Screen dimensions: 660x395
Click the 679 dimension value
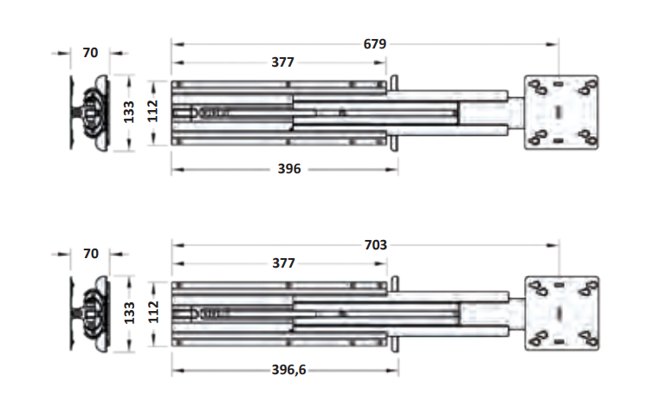[x=375, y=44]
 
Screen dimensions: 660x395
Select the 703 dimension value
[x=375, y=244]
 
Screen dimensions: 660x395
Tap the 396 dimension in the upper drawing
[x=289, y=169]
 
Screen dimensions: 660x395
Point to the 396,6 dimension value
[x=288, y=370]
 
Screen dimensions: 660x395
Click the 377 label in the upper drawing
[x=282, y=62]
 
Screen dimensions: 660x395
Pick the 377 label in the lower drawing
[x=283, y=263]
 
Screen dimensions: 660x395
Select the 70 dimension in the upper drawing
[x=90, y=53]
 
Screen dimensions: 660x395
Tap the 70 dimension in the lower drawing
[x=91, y=254]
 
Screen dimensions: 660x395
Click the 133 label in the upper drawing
[x=129, y=112]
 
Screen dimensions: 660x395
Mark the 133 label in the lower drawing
[x=129, y=313]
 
